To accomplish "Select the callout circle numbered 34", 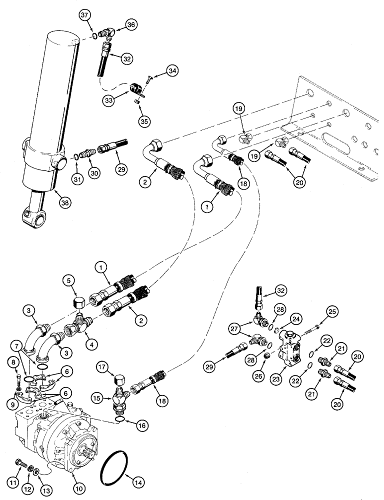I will (172, 72).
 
